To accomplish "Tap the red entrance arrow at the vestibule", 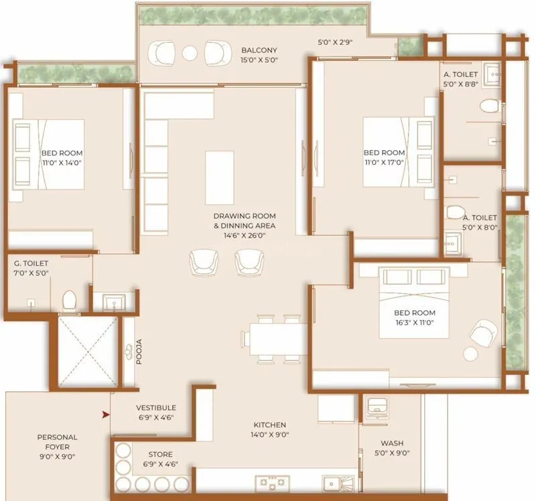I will pyautogui.click(x=105, y=415).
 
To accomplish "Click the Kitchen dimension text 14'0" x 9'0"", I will pyautogui.click(x=270, y=435).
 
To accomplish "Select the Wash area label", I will pyautogui.click(x=392, y=443).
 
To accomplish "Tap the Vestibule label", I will pyautogui.click(x=155, y=407).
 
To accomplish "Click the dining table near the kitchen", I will pyautogui.click(x=276, y=339).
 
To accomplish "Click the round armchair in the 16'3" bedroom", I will pyautogui.click(x=484, y=332).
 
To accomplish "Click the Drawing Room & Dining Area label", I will pyautogui.click(x=245, y=220).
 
